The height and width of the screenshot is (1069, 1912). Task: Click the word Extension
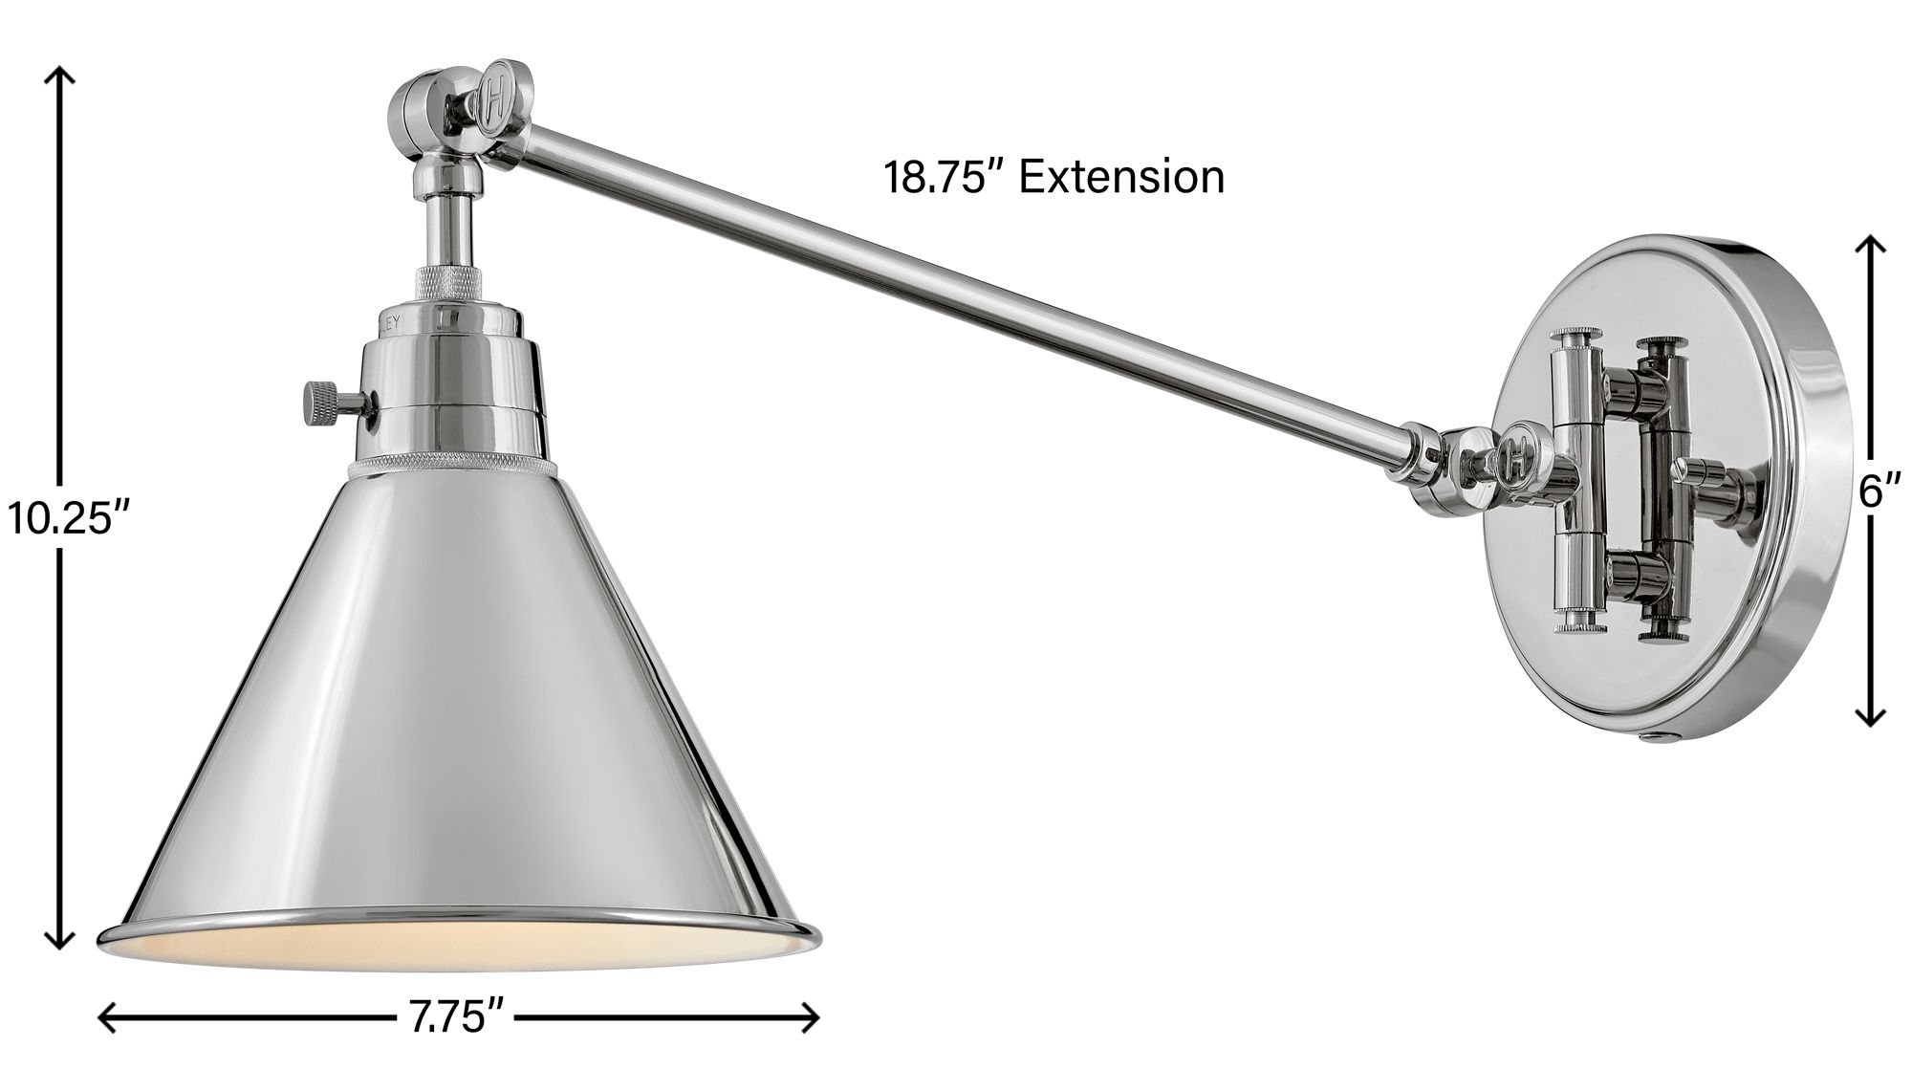(x=1121, y=178)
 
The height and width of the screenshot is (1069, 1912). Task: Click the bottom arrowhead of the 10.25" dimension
(x=61, y=947)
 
